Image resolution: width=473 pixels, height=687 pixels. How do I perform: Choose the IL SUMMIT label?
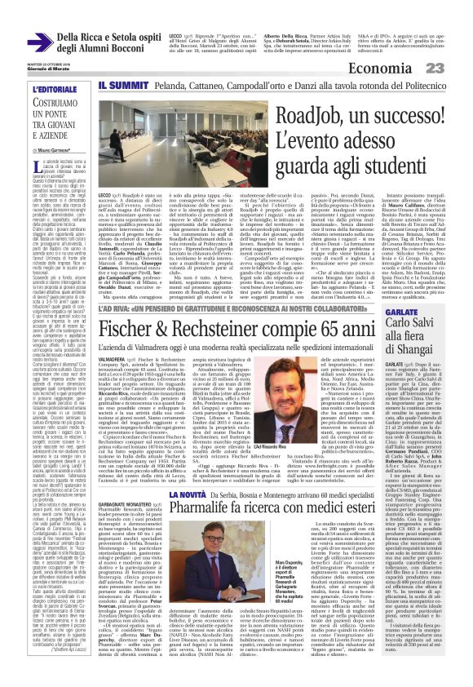point(122,85)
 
